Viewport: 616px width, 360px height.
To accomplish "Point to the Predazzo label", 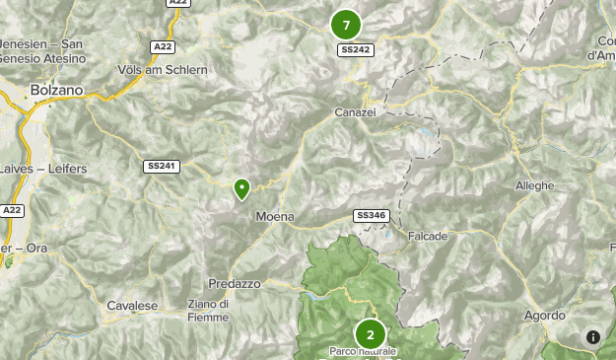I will tap(234, 283).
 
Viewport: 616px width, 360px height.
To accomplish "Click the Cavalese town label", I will tap(132, 306).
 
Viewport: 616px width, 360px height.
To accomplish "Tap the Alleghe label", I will tap(534, 185).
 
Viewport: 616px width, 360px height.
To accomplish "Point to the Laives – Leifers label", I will tap(45, 169).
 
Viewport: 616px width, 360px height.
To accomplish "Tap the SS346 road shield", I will tap(371, 215).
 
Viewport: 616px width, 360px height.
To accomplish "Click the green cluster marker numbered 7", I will tap(345, 25).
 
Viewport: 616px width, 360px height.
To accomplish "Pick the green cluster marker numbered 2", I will tap(370, 334).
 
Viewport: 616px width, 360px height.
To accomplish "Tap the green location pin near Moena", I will tap(241, 187).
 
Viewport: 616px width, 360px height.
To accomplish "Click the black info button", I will tap(593, 337).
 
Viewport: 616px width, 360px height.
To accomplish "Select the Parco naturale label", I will tap(363, 352).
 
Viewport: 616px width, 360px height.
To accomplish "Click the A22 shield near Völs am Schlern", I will tap(164, 46).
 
